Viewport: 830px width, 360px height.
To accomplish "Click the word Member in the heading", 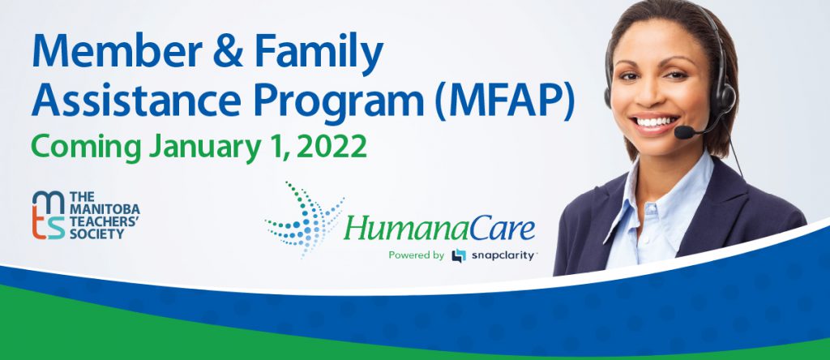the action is point(117,51).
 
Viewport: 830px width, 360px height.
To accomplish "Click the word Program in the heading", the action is point(339,103).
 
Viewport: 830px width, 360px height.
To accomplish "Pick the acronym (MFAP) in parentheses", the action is point(504,101).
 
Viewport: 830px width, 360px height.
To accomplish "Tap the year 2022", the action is point(332,147).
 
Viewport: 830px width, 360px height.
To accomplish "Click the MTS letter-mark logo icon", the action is point(48,215).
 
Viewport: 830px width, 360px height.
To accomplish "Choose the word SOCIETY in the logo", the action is point(96,233).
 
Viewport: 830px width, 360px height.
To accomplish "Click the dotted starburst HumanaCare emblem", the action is point(305,219).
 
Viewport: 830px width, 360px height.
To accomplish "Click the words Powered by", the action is point(416,255).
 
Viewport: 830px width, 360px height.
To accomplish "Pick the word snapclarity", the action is point(501,256).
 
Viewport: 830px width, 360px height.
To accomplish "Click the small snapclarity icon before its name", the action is point(459,256).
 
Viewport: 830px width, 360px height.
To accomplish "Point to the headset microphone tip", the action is point(683,132).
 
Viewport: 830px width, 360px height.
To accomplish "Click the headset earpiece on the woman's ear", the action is point(723,97).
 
